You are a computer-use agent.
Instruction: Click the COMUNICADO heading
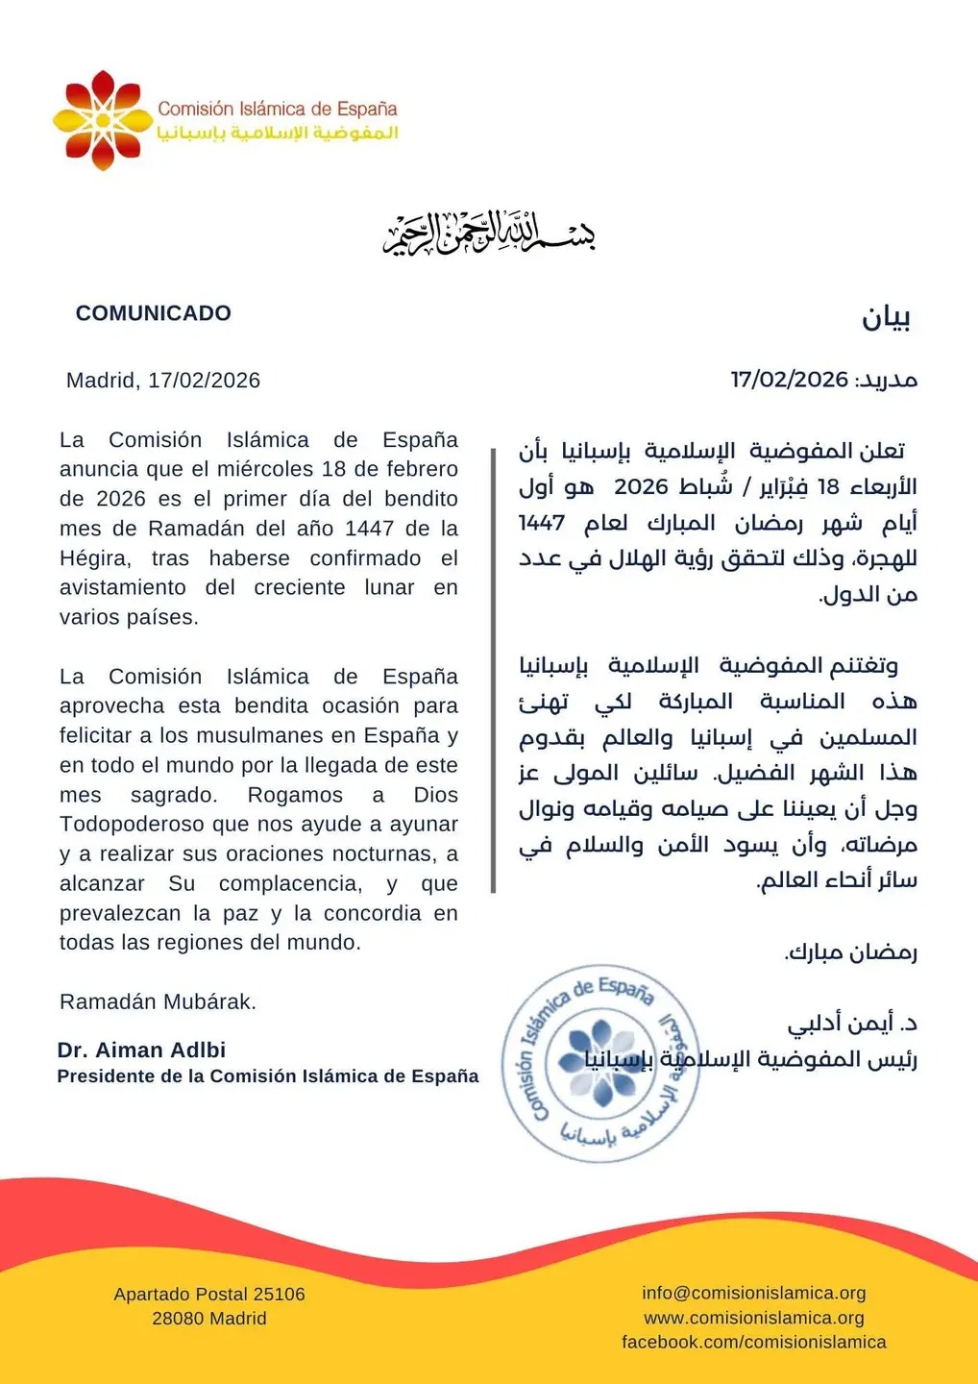[154, 313]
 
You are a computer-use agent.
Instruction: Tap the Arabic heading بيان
[885, 318]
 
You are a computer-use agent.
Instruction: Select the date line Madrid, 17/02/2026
[163, 381]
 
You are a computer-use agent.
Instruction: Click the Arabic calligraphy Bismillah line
[489, 234]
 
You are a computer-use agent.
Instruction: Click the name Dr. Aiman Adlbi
[141, 1050]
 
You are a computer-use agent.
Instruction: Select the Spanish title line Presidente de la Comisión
[267, 1076]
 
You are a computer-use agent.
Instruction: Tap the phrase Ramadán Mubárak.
[158, 1001]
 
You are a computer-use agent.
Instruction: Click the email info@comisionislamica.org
[754, 1293]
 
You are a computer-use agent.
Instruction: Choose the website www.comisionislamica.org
[754, 1318]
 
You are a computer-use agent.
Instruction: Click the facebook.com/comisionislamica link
[754, 1342]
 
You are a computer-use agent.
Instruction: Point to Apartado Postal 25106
[209, 1295]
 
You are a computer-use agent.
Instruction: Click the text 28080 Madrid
[209, 1319]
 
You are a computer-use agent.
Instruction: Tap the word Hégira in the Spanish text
[94, 558]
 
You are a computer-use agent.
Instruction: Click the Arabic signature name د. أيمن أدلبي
[853, 1023]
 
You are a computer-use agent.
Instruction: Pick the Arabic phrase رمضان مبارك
[851, 952]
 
